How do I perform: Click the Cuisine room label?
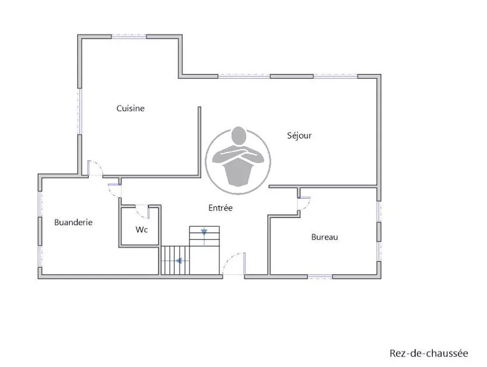(131, 108)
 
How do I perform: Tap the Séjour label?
(299, 136)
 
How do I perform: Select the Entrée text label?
(220, 207)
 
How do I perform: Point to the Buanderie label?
(73, 222)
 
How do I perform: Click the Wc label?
(141, 230)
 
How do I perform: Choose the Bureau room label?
(324, 237)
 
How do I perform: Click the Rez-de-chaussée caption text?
(429, 354)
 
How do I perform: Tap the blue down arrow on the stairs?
(204, 232)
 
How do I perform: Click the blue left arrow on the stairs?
(178, 261)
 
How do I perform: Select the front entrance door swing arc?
(229, 258)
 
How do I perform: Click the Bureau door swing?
(307, 206)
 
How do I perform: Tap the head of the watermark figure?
(239, 136)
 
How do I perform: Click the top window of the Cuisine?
(129, 36)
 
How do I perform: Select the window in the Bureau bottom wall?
(320, 276)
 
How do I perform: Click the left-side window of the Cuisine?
(79, 111)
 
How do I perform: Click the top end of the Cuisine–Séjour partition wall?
(199, 108)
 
